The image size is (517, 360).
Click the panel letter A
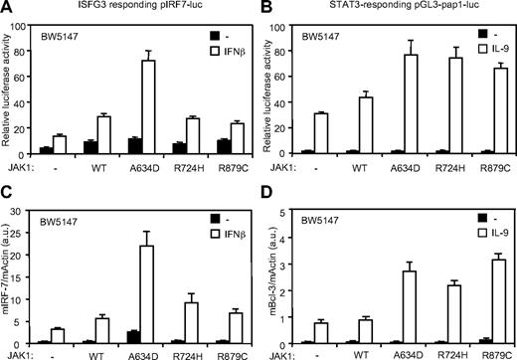[x=8, y=9]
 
